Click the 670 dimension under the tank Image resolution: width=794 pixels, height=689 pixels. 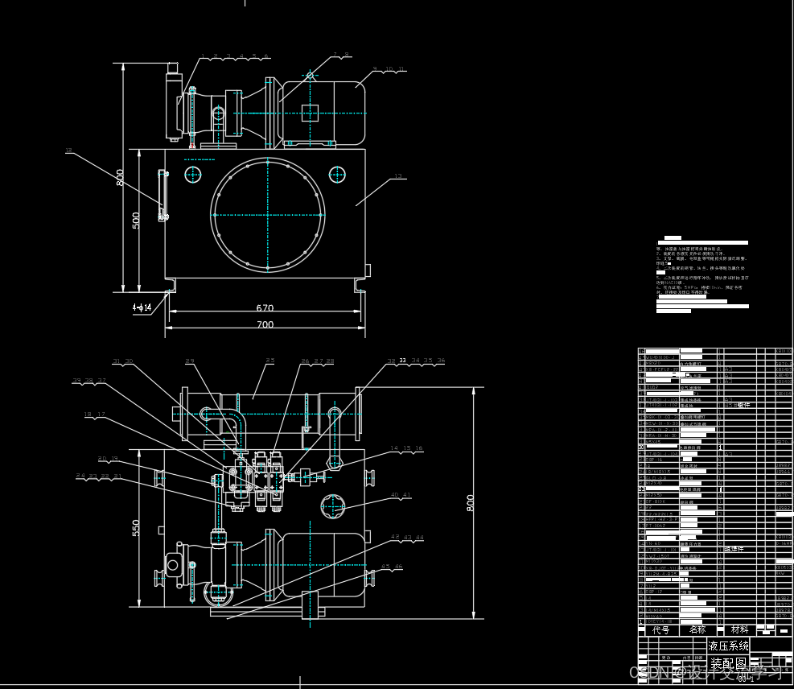click(x=265, y=307)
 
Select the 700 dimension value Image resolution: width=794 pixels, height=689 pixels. click(x=265, y=324)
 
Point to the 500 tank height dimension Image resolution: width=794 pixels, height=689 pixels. click(x=137, y=220)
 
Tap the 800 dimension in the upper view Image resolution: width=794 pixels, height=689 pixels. click(x=121, y=177)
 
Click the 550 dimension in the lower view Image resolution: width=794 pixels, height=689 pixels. click(x=137, y=528)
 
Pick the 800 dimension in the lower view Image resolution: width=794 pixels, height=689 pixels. click(x=471, y=502)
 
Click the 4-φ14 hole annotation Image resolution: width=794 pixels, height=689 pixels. click(x=142, y=307)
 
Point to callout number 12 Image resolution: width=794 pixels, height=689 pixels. click(x=68, y=151)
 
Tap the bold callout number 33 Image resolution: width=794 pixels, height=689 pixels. click(x=403, y=361)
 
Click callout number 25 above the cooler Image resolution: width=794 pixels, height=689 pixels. click(x=270, y=361)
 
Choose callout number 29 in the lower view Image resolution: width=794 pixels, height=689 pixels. click(x=190, y=361)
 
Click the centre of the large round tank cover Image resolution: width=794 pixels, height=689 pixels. click(x=268, y=214)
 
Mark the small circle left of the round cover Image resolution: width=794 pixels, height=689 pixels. click(x=193, y=174)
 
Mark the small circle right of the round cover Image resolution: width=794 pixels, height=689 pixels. click(x=337, y=174)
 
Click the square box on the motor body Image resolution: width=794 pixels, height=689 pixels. click(x=310, y=112)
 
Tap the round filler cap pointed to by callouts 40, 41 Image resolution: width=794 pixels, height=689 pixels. click(x=333, y=507)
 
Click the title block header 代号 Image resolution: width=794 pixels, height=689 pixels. click(x=660, y=629)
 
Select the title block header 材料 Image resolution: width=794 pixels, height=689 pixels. click(x=739, y=629)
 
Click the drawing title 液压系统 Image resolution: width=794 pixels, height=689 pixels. click(x=728, y=646)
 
